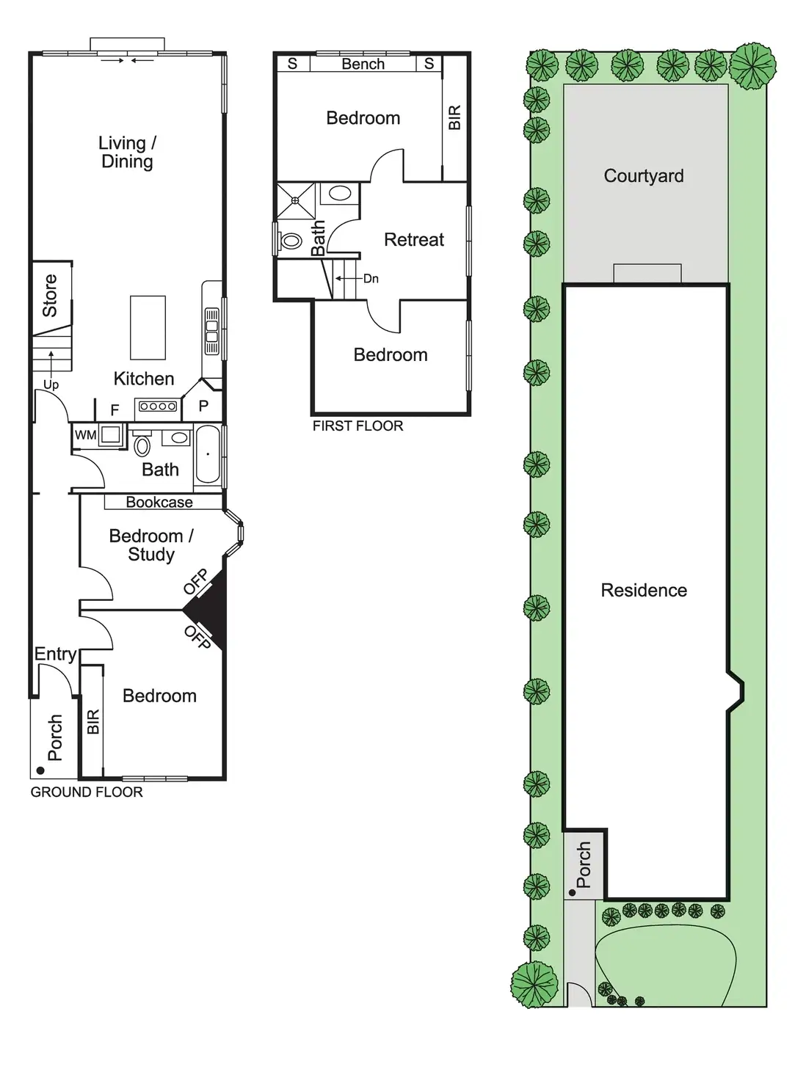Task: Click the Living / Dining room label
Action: pos(127,152)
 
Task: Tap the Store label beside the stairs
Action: pos(50,295)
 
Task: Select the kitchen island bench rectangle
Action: pos(148,327)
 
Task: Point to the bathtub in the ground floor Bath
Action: pos(208,454)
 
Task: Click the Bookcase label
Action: pos(159,502)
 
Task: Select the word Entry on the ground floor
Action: pos(55,654)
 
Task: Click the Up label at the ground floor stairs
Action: pos(51,384)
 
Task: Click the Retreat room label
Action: pos(414,239)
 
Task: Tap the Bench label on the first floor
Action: pos(363,64)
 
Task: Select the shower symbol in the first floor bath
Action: pos(295,200)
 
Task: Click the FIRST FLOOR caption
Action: pos(357,426)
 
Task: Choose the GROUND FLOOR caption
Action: pos(87,792)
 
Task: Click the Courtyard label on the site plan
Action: pos(644,175)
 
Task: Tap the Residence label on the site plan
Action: pos(644,590)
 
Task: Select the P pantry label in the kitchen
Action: pos(203,405)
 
